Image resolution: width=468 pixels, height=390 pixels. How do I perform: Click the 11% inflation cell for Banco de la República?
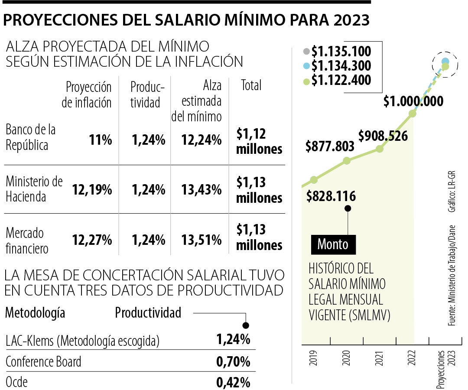pos(101,140)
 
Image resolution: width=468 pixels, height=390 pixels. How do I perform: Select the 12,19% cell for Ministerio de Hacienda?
pos(92,190)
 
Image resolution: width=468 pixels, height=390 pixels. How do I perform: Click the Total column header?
pos(251,85)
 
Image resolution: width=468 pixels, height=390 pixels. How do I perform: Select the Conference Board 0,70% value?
pos(233,361)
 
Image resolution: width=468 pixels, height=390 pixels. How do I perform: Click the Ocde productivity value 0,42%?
pos(233,382)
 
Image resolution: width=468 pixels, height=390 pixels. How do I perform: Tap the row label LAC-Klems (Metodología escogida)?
pos(83,341)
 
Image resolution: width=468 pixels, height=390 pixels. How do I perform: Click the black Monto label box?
pos(333,244)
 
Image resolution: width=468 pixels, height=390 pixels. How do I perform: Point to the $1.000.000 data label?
pos(413,101)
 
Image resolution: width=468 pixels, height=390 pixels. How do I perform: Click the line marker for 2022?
pos(413,114)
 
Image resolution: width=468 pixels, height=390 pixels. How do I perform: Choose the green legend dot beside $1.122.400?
pos(307,80)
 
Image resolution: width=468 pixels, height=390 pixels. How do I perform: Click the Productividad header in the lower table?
pos(148,312)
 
